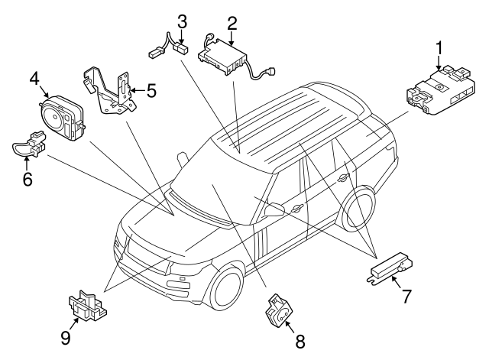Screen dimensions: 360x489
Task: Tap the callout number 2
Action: (232, 23)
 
